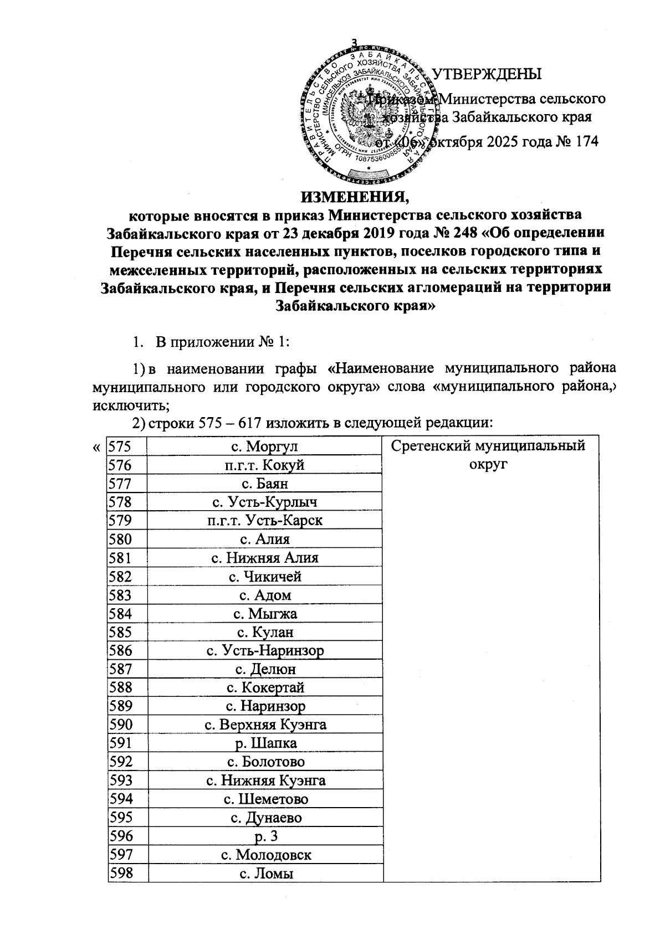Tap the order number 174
coord(587,141)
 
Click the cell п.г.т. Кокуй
coord(265,465)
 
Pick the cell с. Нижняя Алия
coord(265,558)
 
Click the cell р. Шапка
coord(265,743)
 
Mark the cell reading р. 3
coord(265,835)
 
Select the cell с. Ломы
coord(265,872)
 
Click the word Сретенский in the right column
coord(439,446)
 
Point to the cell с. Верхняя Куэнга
coord(265,724)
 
